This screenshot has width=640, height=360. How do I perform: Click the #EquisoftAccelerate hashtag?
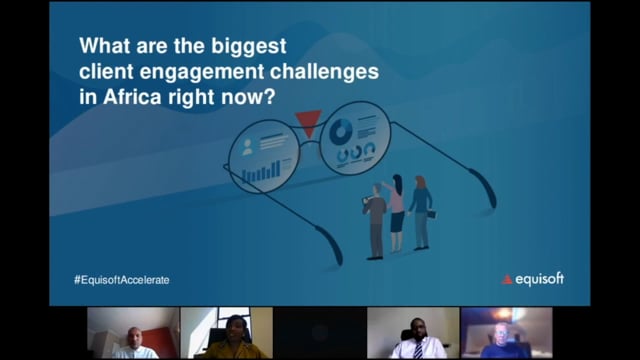[121, 280]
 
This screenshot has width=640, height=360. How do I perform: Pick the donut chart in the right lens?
[342, 130]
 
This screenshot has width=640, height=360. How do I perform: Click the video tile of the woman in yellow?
[225, 332]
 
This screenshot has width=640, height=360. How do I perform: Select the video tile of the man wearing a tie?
[413, 332]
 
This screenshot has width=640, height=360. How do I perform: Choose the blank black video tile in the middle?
[319, 332]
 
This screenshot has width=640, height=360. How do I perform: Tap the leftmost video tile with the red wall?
[132, 332]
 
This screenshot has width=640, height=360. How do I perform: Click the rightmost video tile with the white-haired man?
[506, 332]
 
